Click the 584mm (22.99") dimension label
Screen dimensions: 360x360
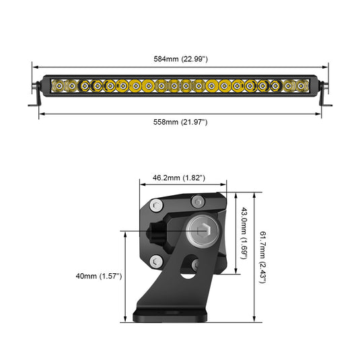180,59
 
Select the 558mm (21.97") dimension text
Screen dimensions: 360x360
180,122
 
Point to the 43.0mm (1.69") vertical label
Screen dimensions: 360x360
246,233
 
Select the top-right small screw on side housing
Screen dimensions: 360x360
197,201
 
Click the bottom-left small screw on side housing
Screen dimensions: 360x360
156,261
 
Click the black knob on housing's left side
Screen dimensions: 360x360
157,231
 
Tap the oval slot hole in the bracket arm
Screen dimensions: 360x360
190,273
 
